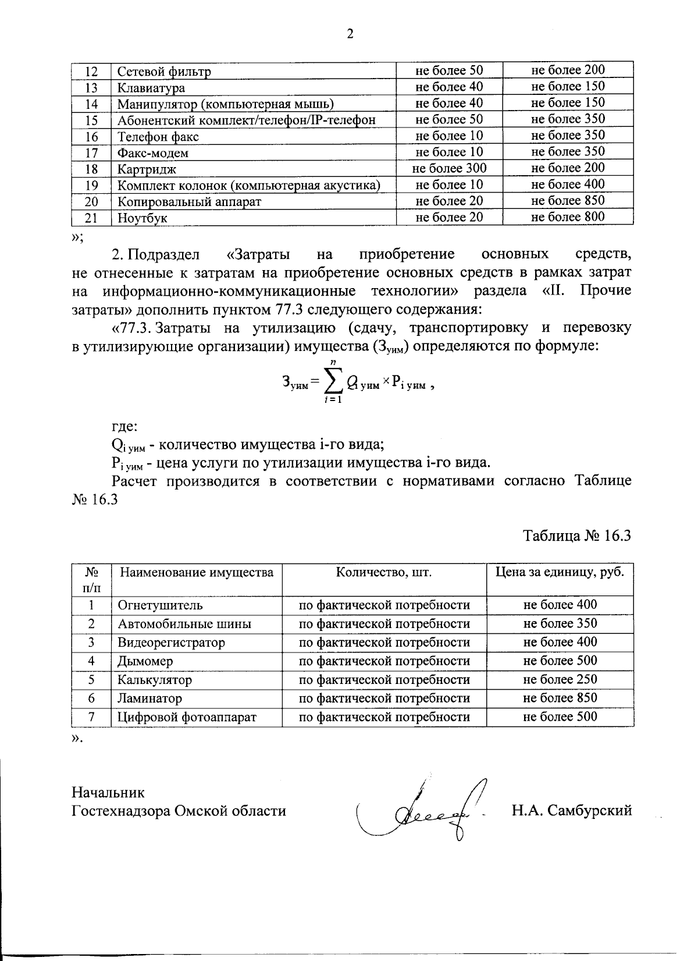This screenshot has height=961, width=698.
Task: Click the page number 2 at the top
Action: pyautogui.click(x=350, y=34)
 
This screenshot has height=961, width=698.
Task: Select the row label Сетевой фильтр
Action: pyautogui.click(x=164, y=72)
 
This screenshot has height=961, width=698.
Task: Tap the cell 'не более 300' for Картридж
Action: pyautogui.click(x=448, y=168)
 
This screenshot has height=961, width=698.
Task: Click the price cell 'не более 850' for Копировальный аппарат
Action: pyautogui.click(x=568, y=201)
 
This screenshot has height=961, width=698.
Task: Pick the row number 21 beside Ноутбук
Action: pyautogui.click(x=91, y=218)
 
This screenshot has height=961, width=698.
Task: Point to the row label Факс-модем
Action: pyautogui.click(x=153, y=153)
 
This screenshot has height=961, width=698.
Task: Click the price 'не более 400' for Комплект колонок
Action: pyautogui.click(x=568, y=185)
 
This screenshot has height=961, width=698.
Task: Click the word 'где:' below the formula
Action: pyautogui.click(x=124, y=427)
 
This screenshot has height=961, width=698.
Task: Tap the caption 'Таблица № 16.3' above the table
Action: pyautogui.click(x=577, y=536)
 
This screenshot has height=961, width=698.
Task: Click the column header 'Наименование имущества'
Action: pyautogui.click(x=196, y=572)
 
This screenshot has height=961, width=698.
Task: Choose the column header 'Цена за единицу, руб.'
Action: pyautogui.click(x=560, y=572)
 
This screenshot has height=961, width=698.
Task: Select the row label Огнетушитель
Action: pyautogui.click(x=161, y=605)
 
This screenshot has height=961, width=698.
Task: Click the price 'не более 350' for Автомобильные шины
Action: pyautogui.click(x=560, y=623)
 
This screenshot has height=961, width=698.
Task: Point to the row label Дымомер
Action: pyautogui.click(x=145, y=661)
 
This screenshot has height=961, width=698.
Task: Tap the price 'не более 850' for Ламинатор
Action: pyautogui.click(x=560, y=698)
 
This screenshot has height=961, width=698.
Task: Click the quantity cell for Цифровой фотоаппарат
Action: pyautogui.click(x=384, y=717)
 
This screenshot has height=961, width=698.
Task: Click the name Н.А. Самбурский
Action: pyautogui.click(x=571, y=810)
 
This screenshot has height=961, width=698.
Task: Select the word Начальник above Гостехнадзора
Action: pyautogui.click(x=108, y=792)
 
